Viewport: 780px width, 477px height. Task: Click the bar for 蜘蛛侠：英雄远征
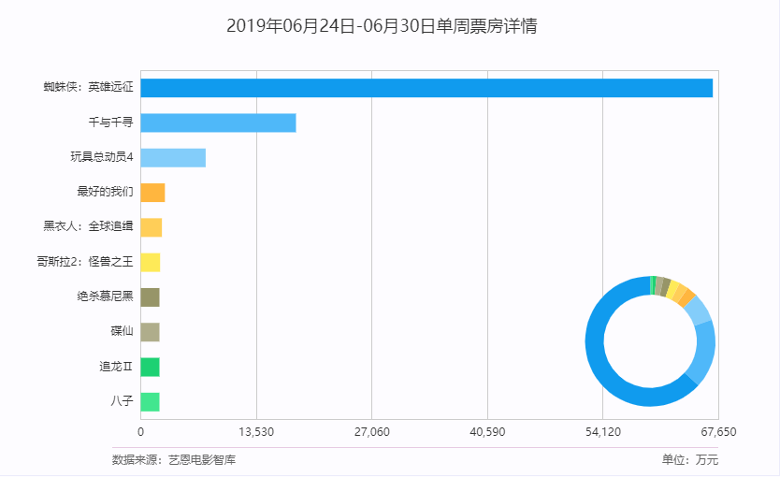426,88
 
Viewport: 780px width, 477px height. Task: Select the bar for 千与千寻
218,123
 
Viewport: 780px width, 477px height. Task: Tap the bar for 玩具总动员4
173,158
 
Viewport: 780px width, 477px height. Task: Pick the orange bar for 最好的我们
152,193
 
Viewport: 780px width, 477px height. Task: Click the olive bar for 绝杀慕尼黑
150,297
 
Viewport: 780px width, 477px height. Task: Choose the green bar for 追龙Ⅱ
150,368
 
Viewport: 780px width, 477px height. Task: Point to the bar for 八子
150,402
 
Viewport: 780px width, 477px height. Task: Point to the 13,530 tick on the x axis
256,431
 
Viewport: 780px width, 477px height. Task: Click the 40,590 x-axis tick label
487,431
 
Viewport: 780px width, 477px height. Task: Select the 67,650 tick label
717,431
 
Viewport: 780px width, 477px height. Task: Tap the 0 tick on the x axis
141,431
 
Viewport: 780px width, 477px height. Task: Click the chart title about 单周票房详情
382,26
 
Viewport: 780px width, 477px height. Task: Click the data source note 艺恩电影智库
174,460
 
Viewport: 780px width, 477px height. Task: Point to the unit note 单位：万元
689,460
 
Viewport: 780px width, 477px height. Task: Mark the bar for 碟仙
150,332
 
